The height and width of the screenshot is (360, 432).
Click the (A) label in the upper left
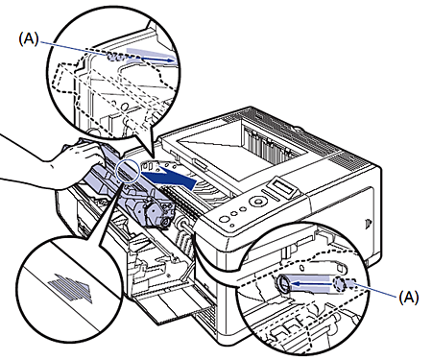pos(29,39)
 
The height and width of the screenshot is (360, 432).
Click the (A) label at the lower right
pos(409,298)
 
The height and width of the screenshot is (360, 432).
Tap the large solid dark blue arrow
pos(169,178)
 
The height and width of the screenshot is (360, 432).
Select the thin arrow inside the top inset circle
pos(157,59)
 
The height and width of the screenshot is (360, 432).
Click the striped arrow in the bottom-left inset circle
pos(70,288)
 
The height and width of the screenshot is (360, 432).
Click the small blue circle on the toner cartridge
pos(128,172)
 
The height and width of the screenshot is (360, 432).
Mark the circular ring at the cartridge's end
pos(165,221)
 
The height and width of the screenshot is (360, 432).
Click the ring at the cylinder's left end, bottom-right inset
pos(283,284)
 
